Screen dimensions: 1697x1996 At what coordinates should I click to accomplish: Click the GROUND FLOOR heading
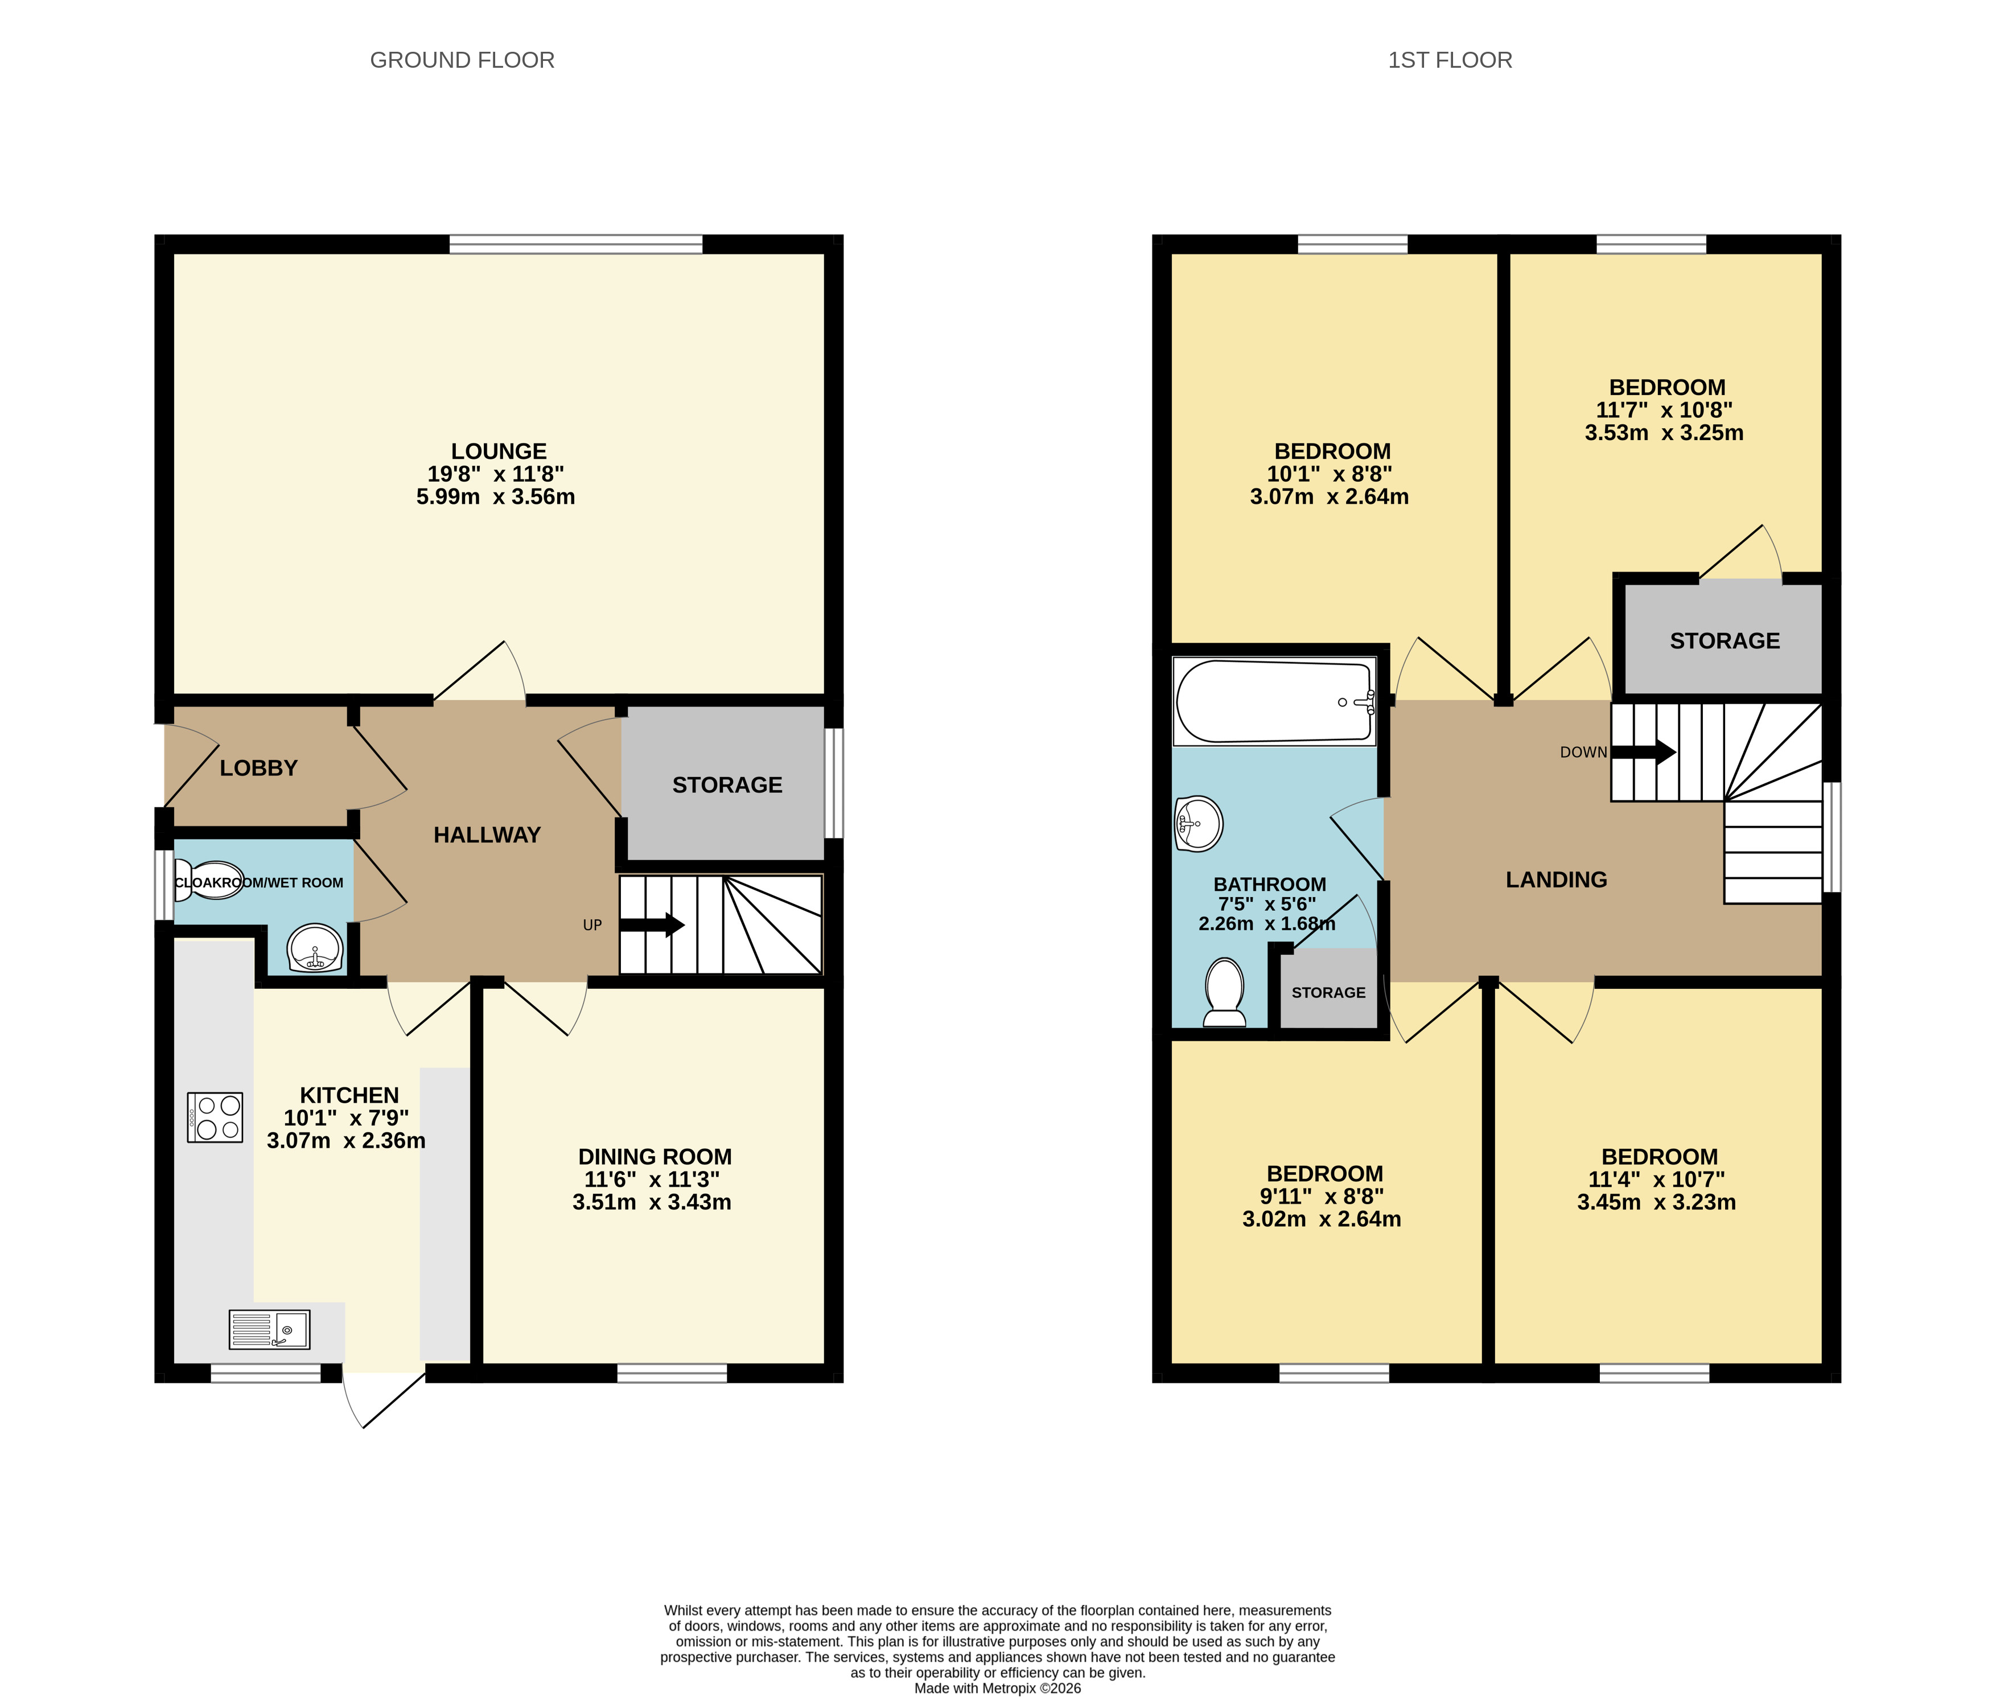pyautogui.click(x=462, y=60)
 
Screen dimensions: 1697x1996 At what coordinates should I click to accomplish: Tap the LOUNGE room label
pyautogui.click(x=498, y=451)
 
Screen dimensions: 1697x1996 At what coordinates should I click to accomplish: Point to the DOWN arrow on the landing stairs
pyautogui.click(x=1643, y=753)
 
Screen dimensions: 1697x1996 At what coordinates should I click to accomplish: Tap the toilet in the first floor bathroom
pyautogui.click(x=1225, y=992)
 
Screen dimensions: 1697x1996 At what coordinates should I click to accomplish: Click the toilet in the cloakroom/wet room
pyautogui.click(x=209, y=880)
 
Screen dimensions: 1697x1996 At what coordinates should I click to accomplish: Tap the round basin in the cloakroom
pyautogui.click(x=315, y=948)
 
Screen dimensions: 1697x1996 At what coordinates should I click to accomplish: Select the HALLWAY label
pyautogui.click(x=487, y=835)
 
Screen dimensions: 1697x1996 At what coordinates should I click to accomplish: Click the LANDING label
pyautogui.click(x=1555, y=880)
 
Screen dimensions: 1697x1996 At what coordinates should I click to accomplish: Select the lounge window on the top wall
pyautogui.click(x=575, y=244)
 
